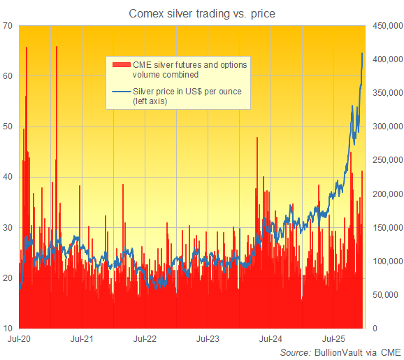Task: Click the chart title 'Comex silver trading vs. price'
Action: pyautogui.click(x=201, y=13)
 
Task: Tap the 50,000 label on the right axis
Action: pyautogui.click(x=387, y=295)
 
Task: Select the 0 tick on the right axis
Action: pyautogui.click(x=375, y=329)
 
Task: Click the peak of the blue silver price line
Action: pyautogui.click(x=362, y=53)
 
